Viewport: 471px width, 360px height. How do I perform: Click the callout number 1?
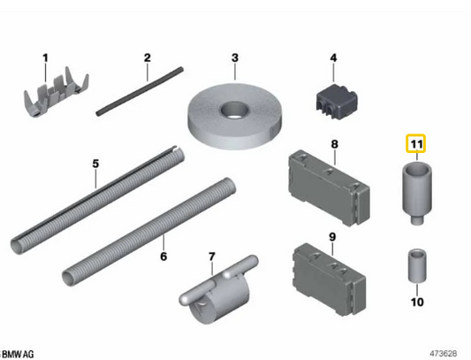(x=45, y=57)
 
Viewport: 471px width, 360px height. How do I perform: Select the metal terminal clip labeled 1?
(x=56, y=92)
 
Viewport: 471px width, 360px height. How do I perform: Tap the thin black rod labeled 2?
(x=140, y=91)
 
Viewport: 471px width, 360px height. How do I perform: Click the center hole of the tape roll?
(x=235, y=110)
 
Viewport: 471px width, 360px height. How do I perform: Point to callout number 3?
(x=235, y=57)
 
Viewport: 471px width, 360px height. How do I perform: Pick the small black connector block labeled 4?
(x=337, y=102)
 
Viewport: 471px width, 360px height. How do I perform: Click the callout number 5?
(x=95, y=164)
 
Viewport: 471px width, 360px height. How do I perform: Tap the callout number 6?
(x=163, y=257)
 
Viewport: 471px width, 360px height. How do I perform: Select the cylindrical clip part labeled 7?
(x=218, y=290)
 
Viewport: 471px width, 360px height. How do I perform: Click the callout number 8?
(x=334, y=144)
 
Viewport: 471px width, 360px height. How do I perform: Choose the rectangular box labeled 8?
(x=330, y=188)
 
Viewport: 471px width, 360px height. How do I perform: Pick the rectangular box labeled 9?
(x=330, y=280)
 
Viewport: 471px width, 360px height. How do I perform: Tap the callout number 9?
(x=332, y=237)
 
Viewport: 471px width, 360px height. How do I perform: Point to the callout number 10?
(x=417, y=302)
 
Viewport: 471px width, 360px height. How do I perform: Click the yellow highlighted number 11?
(x=416, y=143)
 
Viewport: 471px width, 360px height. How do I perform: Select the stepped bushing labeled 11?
(x=417, y=193)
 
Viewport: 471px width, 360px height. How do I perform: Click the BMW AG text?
(x=19, y=354)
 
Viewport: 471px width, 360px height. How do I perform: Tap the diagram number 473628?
(x=444, y=353)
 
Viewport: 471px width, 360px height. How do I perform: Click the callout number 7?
(x=212, y=257)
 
